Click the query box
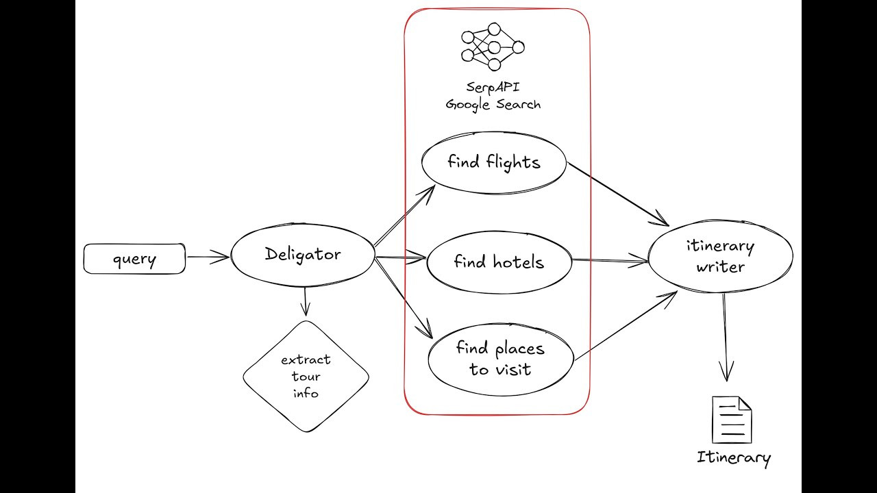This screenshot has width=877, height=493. coord(134,259)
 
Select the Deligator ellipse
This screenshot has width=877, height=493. coord(303,255)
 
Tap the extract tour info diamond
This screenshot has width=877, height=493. coord(306,376)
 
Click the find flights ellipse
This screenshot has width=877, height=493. coord(493,162)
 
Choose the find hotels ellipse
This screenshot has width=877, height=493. coord(499,262)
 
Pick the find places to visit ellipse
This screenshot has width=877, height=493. coord(500,359)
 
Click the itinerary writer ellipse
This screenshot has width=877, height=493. coord(720,256)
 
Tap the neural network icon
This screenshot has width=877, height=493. coord(493,47)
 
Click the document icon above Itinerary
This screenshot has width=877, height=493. coord(732,420)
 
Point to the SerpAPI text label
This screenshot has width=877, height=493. coord(493,87)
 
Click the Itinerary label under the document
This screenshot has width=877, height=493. coord(733,457)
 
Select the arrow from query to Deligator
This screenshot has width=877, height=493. coord(208,257)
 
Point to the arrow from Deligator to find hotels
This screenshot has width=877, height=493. coord(401,259)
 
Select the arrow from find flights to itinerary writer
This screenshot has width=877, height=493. coord(617,194)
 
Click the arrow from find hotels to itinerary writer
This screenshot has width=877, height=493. coord(610,260)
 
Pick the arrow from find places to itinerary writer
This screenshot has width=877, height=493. coord(625,325)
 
